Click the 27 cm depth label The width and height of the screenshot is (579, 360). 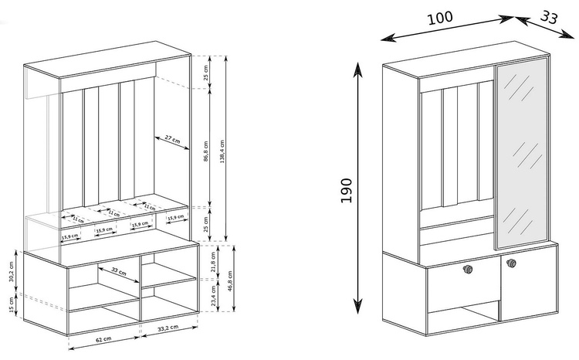(x=172, y=140)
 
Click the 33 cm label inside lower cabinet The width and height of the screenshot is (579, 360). (x=118, y=272)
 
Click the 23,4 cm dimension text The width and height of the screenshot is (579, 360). (x=214, y=297)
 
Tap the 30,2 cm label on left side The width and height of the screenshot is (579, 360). (x=11, y=275)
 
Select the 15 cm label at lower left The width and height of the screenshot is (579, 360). (x=11, y=309)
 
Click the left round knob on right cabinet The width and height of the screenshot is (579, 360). (x=468, y=269)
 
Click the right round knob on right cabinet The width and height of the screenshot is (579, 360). (x=510, y=265)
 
